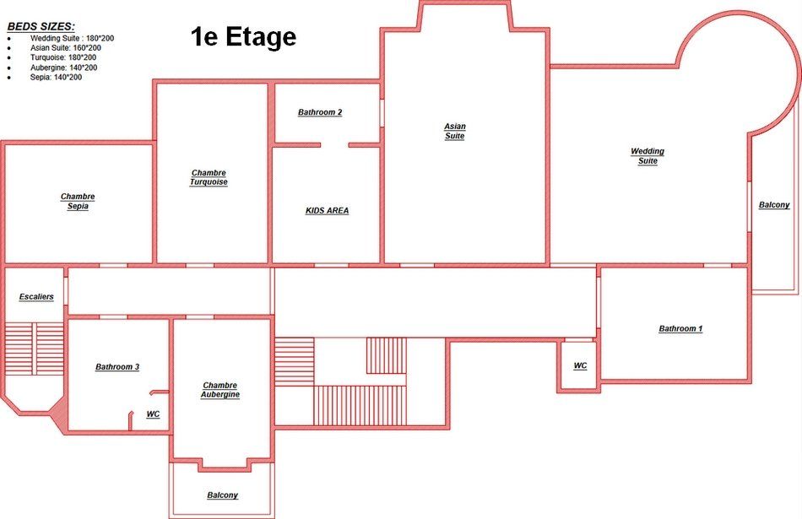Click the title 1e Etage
243,37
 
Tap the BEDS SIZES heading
41,27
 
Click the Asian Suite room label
455,131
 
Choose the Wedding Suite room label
648,156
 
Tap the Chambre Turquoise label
209,177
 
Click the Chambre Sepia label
78,202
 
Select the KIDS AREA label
328,211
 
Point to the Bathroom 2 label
320,112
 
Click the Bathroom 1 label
680,329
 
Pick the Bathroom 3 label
117,367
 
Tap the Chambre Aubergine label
220,390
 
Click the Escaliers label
36,296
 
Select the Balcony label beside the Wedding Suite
774,205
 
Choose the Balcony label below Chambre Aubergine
223,495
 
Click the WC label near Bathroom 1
580,365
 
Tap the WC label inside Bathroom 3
153,414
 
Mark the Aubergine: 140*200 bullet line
63,68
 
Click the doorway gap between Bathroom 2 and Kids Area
334,145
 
